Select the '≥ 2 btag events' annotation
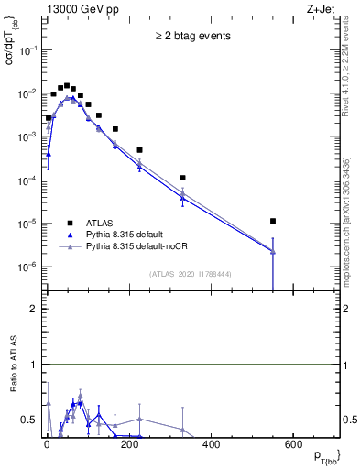coord(192,37)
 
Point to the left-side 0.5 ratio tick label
coord(28,420)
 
